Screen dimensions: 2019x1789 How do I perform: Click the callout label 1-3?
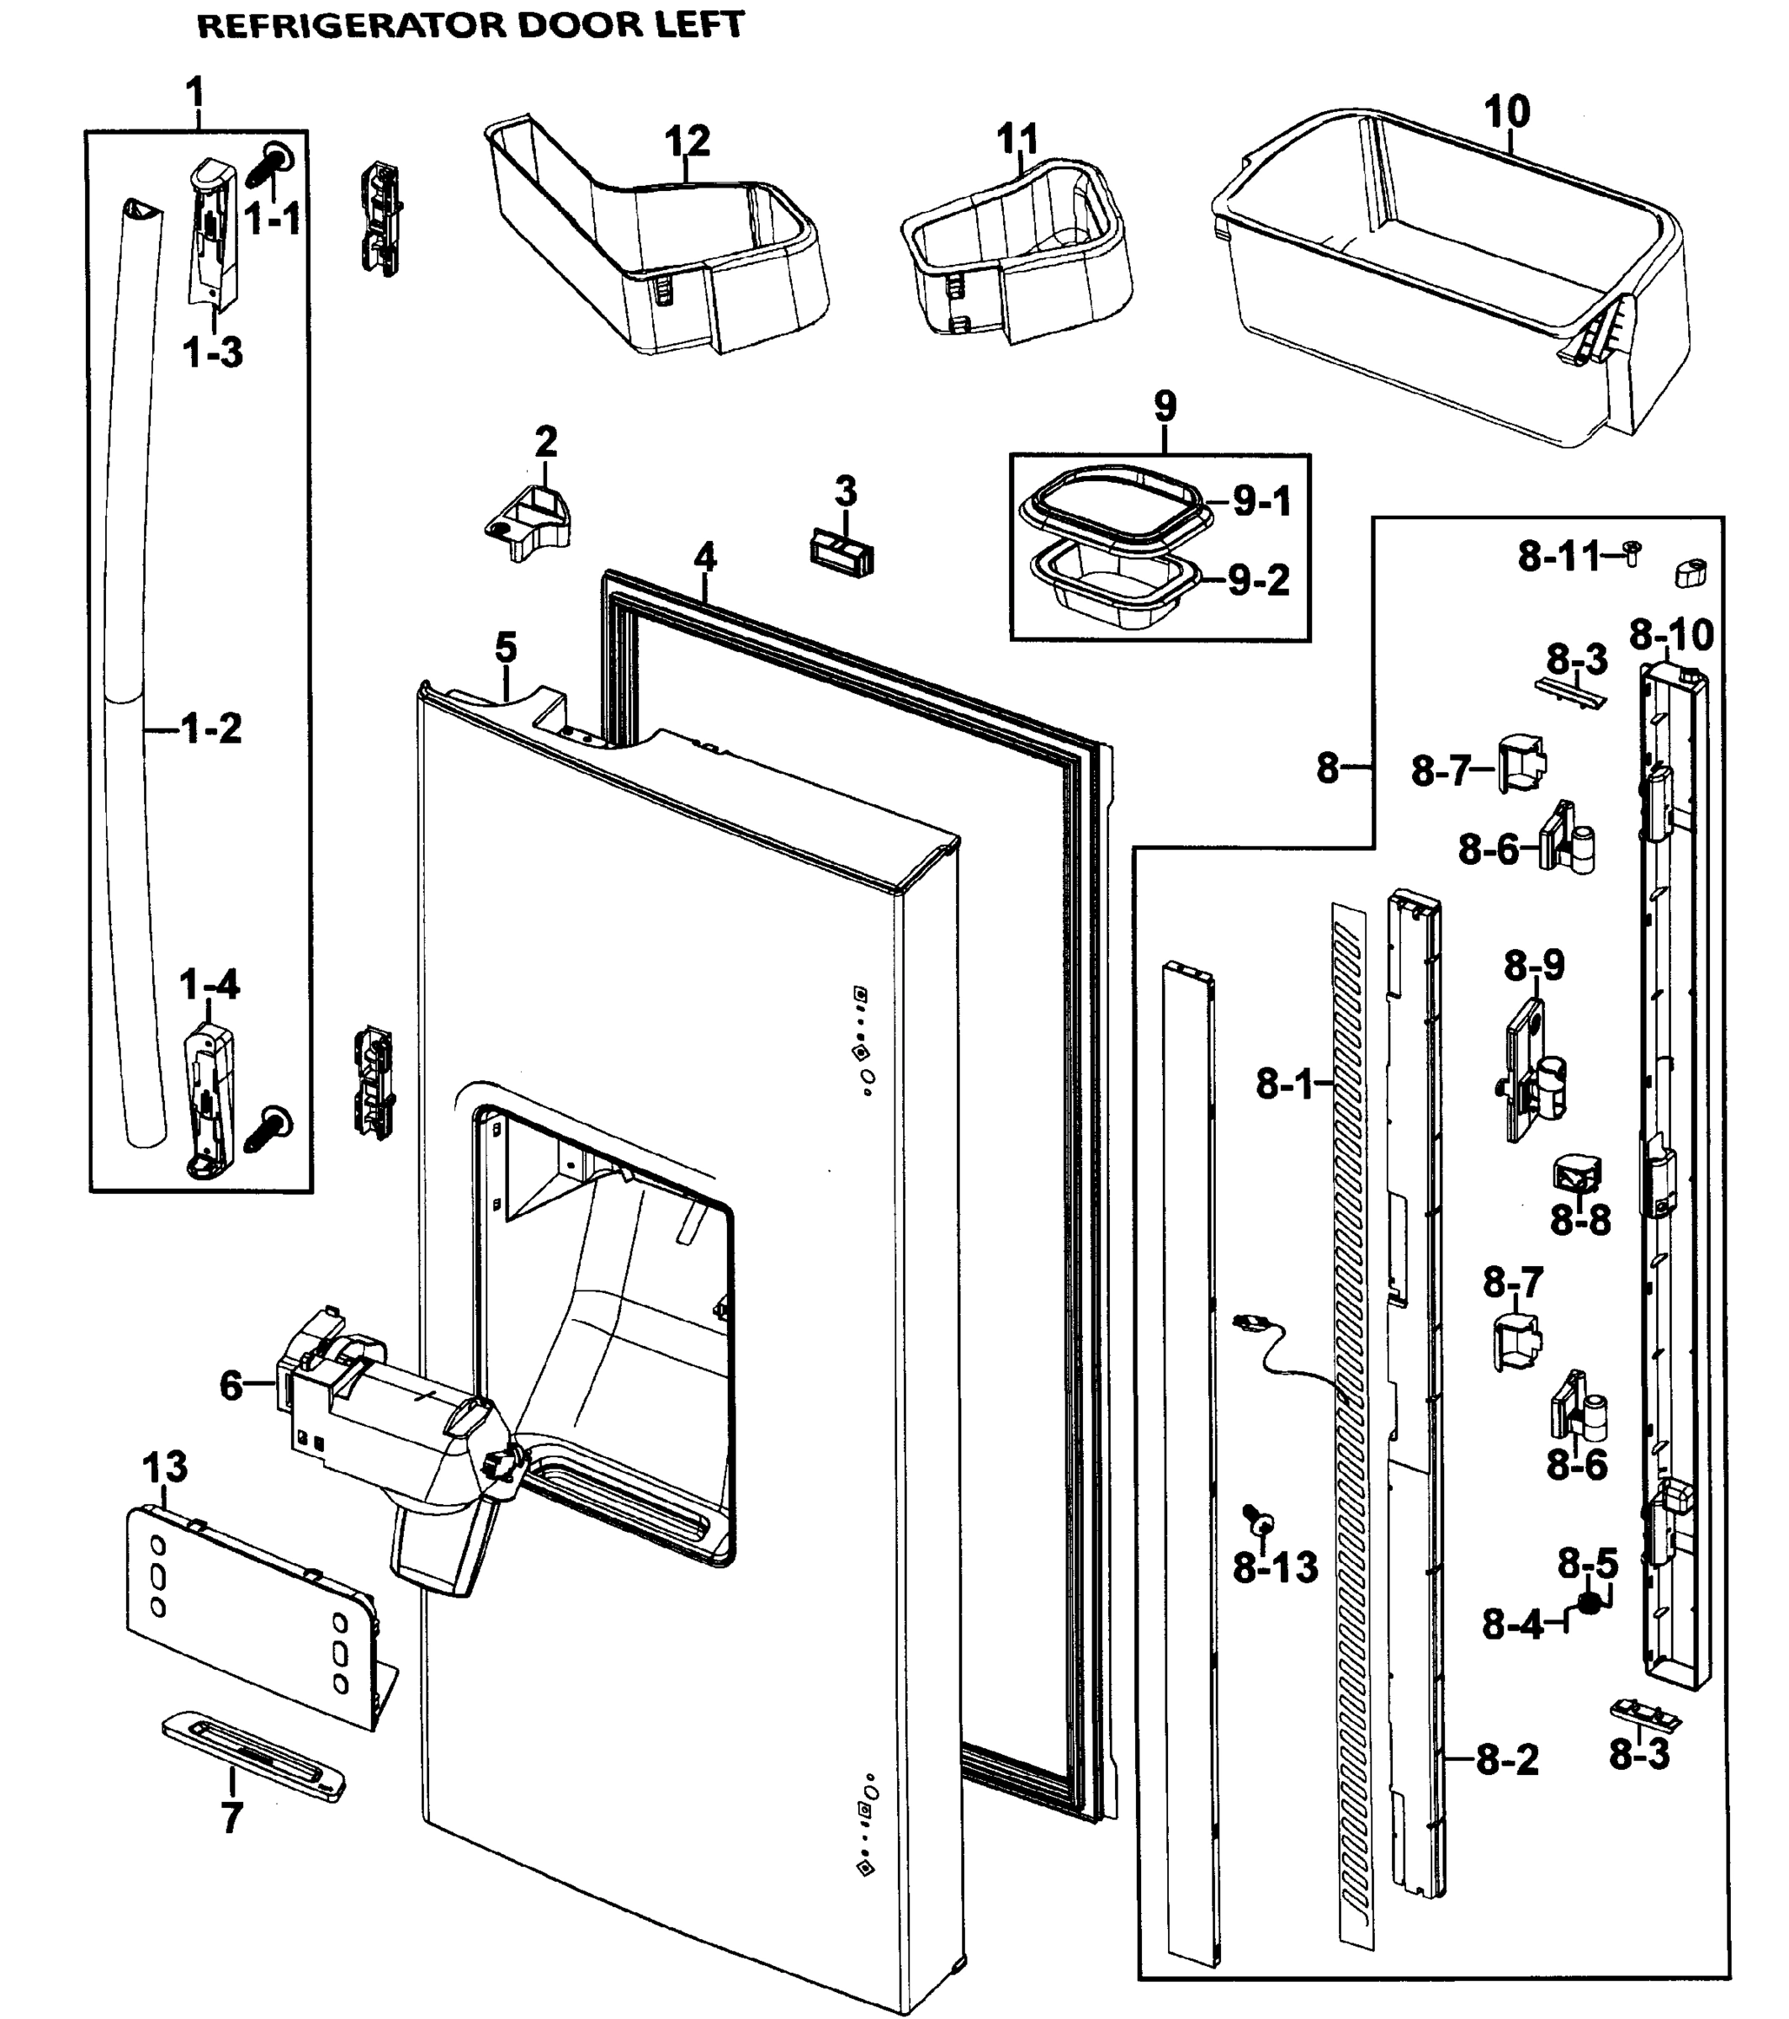coord(212,352)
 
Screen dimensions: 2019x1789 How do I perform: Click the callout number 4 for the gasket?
coord(704,558)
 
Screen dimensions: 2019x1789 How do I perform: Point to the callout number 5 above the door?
coord(505,649)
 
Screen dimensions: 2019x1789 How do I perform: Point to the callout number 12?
coord(687,141)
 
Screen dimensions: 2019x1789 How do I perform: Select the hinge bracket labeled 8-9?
coord(1533,1072)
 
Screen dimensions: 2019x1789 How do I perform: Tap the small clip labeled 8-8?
coord(1578,1175)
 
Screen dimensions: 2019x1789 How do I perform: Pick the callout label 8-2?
coord(1507,1760)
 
